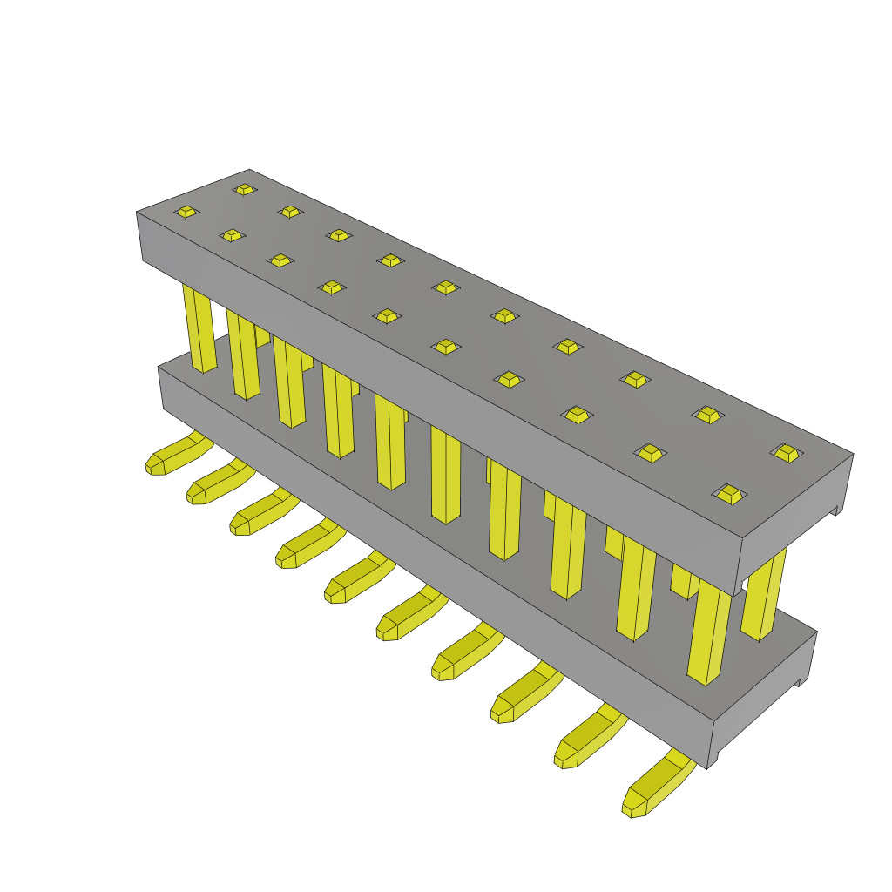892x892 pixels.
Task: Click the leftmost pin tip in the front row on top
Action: [186, 212]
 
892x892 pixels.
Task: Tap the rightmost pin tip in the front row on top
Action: [729, 494]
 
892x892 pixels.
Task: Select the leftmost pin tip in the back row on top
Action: [244, 189]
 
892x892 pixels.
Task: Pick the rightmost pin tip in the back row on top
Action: [787, 453]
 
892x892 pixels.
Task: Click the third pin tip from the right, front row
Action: [577, 415]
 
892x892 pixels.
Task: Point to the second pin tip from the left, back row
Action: [290, 212]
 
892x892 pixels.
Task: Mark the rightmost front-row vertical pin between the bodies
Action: [708, 632]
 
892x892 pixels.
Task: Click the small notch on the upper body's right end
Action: [837, 510]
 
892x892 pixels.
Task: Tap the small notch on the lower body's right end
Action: [800, 682]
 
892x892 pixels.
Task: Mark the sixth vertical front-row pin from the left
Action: [445, 475]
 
